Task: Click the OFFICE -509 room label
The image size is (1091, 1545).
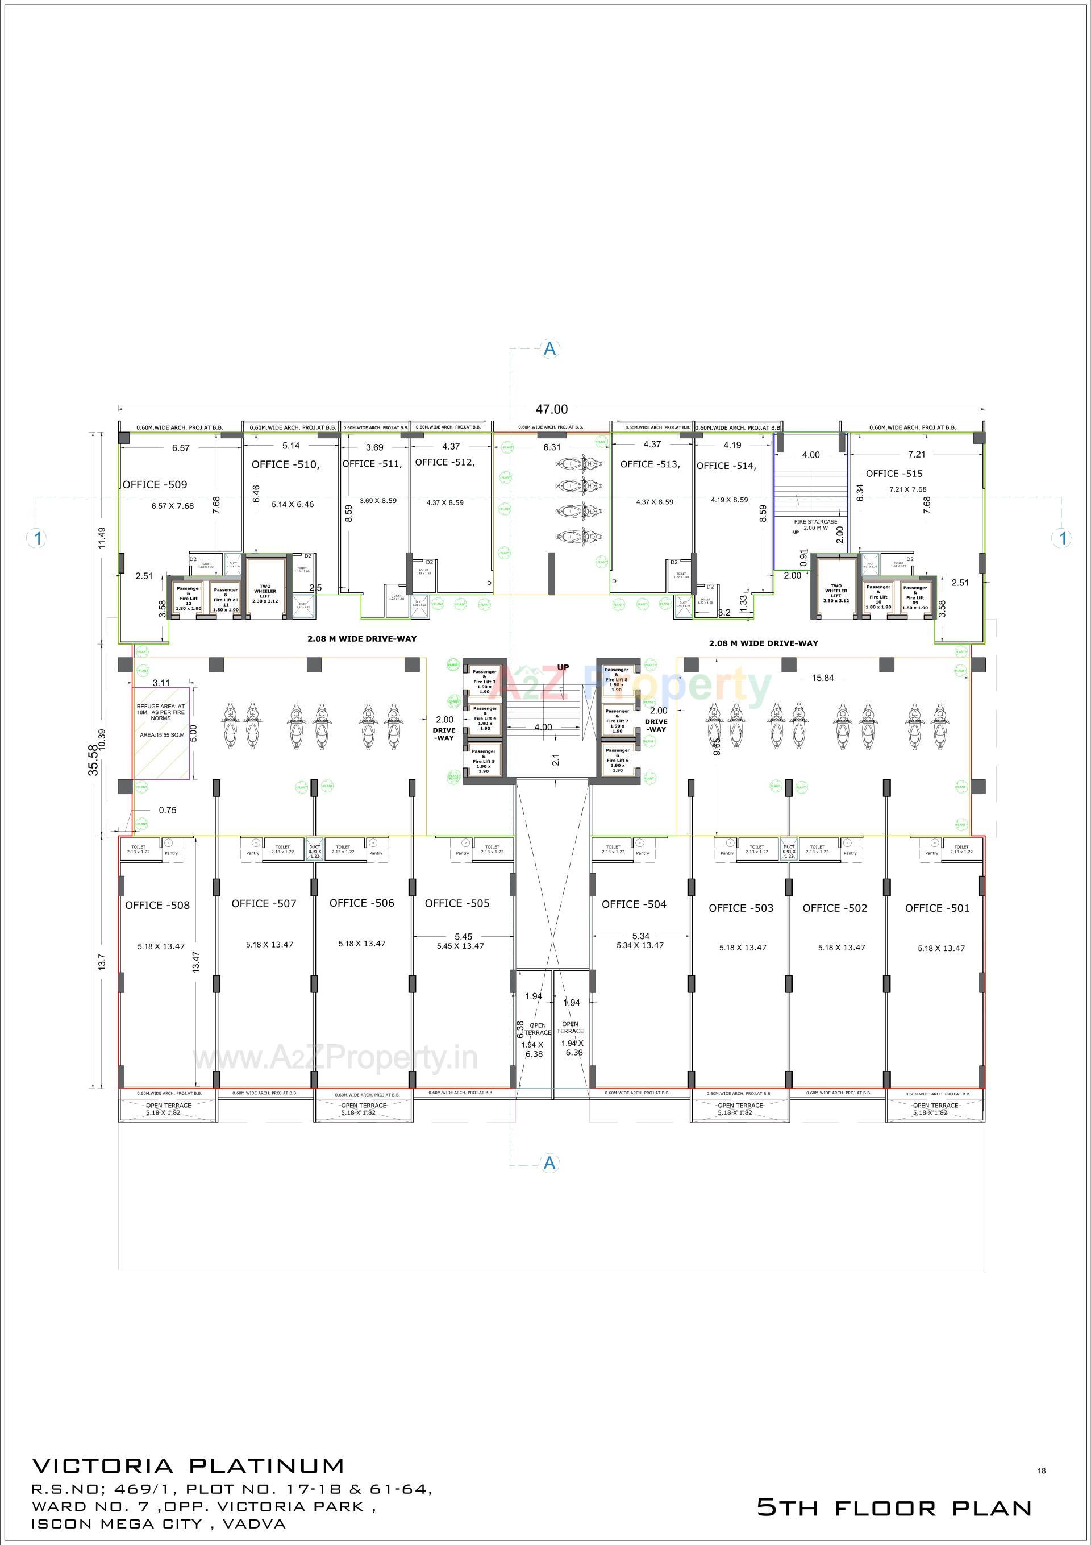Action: [155, 484]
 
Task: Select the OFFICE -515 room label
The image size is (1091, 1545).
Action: [894, 473]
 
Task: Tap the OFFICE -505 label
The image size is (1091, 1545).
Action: [457, 903]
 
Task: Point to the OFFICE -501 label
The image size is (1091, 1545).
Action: [937, 908]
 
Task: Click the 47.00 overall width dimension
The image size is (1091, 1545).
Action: [552, 409]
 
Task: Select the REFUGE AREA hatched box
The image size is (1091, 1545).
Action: [160, 733]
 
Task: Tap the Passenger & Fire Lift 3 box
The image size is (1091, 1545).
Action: [484, 681]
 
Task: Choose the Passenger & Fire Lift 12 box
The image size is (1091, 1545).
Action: [188, 598]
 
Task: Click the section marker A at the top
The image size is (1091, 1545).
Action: [550, 348]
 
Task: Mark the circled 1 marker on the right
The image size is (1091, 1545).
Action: [1063, 538]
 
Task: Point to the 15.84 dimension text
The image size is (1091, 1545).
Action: [822, 678]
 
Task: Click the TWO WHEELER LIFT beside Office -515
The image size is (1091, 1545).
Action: [835, 592]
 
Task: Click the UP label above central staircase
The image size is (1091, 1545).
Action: [563, 667]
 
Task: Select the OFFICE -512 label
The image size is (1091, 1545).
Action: [444, 462]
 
